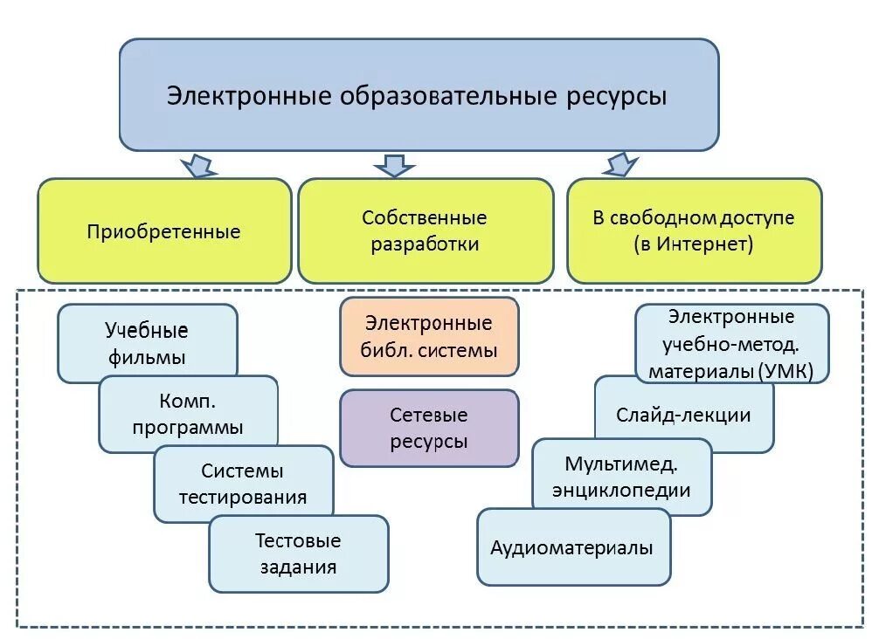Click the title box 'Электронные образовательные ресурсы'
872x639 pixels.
click(x=419, y=94)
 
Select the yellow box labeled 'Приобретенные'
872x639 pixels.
click(x=164, y=231)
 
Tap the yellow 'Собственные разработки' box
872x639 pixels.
click(x=426, y=230)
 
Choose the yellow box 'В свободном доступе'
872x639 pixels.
click(x=694, y=230)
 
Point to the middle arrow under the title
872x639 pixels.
click(x=394, y=164)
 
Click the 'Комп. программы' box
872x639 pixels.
click(x=188, y=414)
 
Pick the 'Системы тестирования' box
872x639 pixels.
click(x=243, y=483)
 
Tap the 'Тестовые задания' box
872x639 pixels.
click(x=298, y=553)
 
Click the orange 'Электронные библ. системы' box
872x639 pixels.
click(x=429, y=336)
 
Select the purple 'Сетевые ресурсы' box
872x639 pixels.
click(x=429, y=428)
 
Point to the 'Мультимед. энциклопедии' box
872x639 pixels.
click(x=621, y=476)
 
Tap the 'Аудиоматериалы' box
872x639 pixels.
click(x=573, y=547)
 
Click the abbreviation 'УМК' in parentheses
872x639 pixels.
click(x=783, y=371)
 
